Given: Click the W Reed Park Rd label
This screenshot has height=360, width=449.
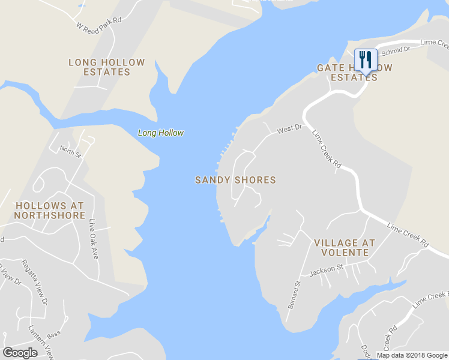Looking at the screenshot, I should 99,23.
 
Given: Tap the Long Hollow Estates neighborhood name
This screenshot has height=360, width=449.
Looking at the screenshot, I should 107,67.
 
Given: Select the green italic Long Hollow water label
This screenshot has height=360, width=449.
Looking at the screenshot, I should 161,133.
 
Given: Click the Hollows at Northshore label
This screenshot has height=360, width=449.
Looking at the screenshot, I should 50,210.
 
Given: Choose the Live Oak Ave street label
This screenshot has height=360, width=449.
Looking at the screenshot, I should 94,239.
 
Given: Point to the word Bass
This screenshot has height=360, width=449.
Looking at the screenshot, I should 54,334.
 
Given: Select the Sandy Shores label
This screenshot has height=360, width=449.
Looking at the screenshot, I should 235,180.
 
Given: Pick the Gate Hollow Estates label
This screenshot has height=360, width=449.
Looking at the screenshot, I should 355,73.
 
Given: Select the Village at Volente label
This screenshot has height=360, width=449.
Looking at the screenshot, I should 345,248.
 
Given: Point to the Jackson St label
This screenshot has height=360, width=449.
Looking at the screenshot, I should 326,271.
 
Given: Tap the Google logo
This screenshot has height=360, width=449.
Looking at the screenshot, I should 20,353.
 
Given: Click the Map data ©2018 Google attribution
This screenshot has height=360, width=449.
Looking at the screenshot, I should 412,355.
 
